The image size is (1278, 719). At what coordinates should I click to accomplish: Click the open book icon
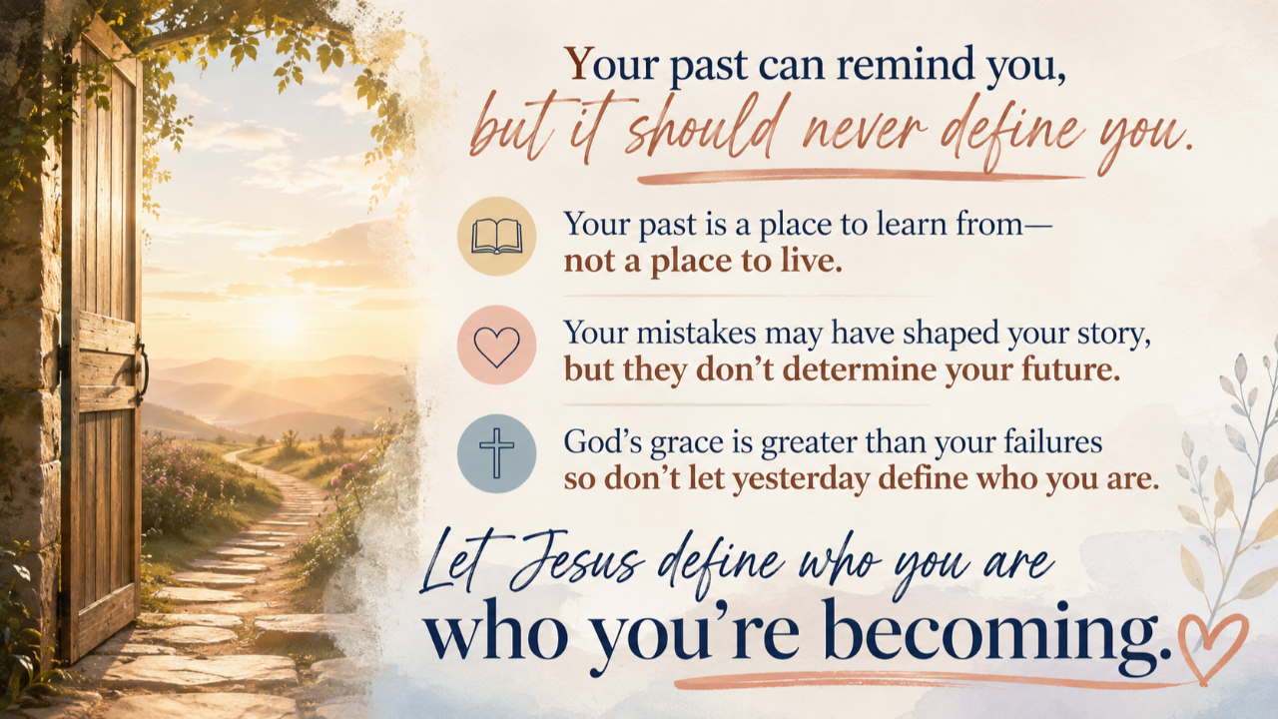coord(497,237)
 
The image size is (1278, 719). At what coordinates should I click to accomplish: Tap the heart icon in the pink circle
coord(497,346)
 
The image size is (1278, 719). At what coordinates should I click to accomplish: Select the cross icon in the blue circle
coord(497,453)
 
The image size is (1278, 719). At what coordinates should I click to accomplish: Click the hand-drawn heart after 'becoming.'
coord(1212,648)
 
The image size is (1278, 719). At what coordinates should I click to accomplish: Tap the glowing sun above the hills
coord(284,324)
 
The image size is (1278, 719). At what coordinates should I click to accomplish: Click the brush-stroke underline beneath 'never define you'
coord(861,177)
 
